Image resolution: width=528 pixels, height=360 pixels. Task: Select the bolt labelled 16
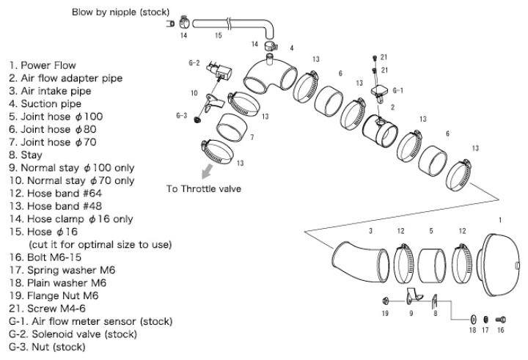tap(501, 320)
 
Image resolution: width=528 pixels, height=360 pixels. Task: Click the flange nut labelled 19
tap(384, 301)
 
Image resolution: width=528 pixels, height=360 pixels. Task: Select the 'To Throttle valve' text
tap(203, 188)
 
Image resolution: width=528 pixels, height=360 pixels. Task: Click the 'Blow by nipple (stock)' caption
tap(120, 12)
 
